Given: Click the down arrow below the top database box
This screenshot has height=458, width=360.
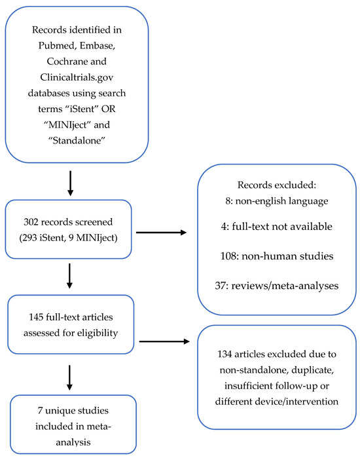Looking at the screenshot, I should pyautogui.click(x=70, y=183).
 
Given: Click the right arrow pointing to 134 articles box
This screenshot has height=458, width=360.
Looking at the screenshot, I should pyautogui.click(x=168, y=341).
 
